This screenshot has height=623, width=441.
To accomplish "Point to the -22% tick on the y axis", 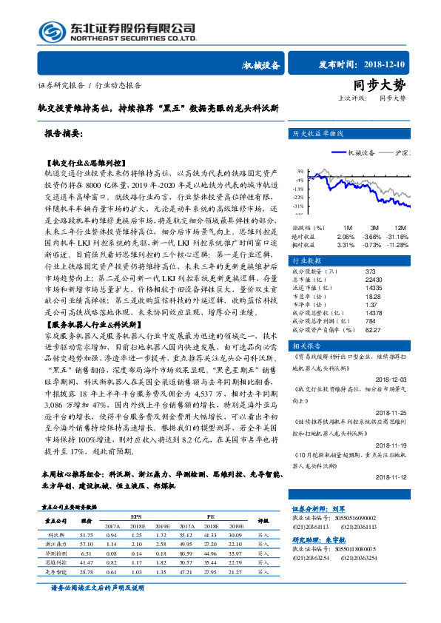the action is pyautogui.click(x=297, y=197).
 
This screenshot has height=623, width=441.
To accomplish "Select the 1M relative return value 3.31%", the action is pyautogui.click(x=346, y=244).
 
